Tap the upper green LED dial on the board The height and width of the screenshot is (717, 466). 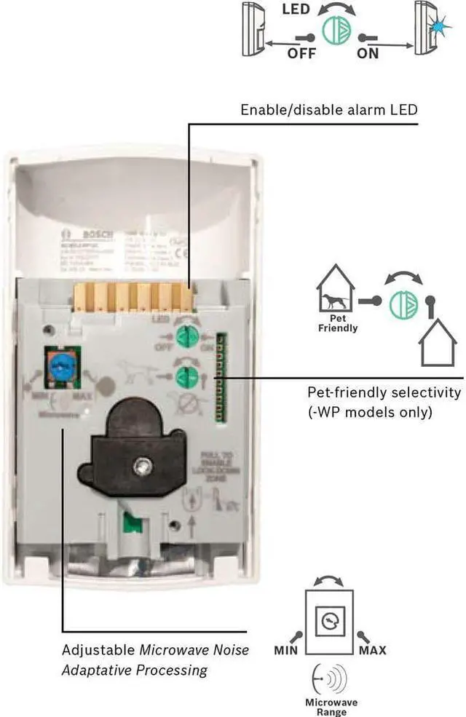pyautogui.click(x=189, y=336)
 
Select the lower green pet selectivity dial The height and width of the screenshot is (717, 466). pyautogui.click(x=187, y=376)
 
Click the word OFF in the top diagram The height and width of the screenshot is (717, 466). pyautogui.click(x=301, y=53)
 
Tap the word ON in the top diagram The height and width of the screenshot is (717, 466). pyautogui.click(x=368, y=53)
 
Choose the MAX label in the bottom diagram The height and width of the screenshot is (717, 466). pyautogui.click(x=372, y=649)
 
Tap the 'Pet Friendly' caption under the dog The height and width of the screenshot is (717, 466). pyautogui.click(x=338, y=323)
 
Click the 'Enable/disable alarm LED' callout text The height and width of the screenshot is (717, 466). pyautogui.click(x=329, y=110)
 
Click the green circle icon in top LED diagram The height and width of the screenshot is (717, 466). pyautogui.click(x=336, y=30)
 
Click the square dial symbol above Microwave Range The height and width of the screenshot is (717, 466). pyautogui.click(x=328, y=621)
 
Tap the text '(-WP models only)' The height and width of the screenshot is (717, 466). pyautogui.click(x=369, y=413)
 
